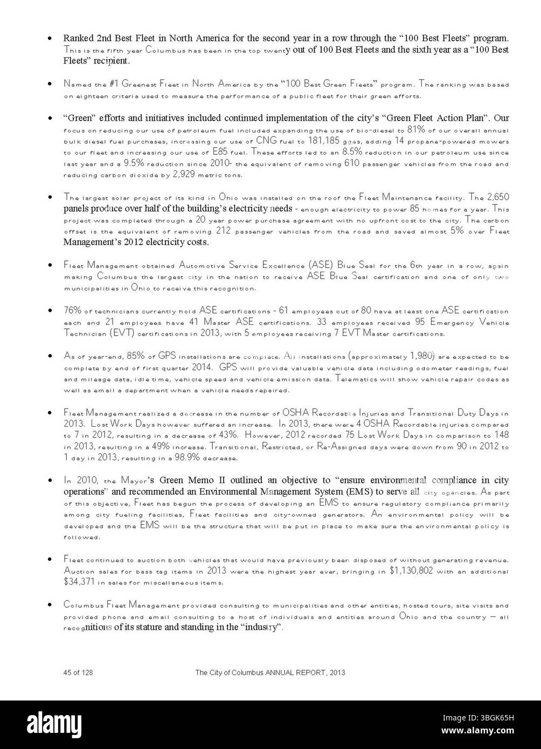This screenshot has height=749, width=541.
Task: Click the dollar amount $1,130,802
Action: [411, 570]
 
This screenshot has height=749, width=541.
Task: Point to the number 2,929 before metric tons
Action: [186, 175]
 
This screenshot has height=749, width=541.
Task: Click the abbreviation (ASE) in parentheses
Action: [321, 265]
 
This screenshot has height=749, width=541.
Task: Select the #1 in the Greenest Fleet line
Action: [114, 84]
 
